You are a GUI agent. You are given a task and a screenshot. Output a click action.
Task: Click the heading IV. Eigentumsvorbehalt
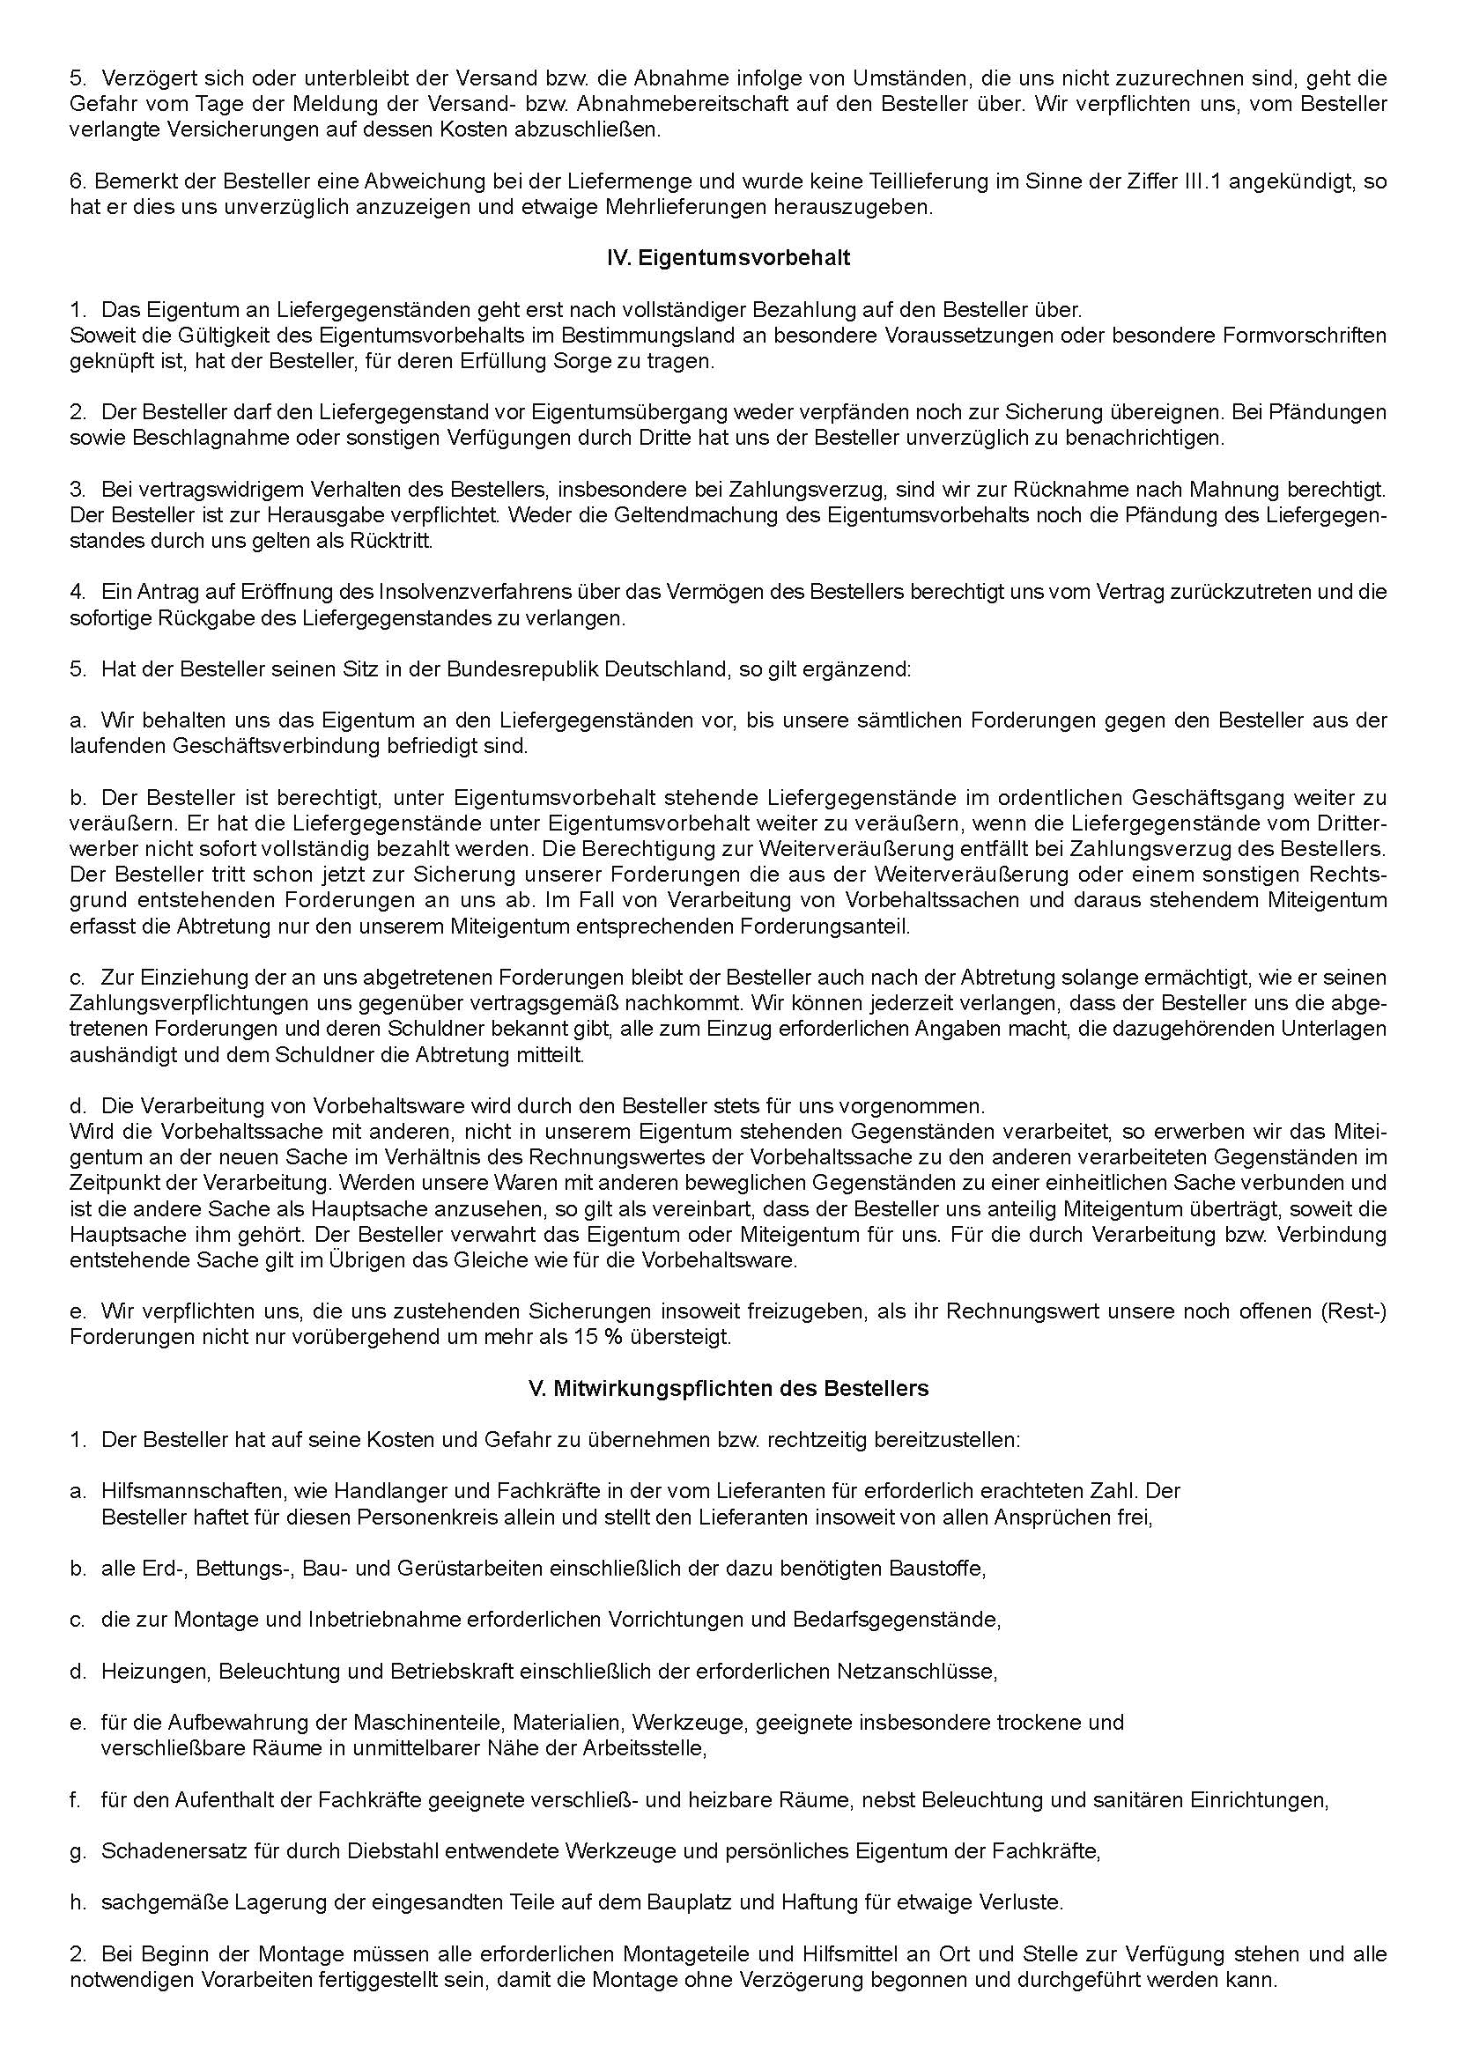[728, 258]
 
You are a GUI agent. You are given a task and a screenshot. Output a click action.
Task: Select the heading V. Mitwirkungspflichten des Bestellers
[728, 1389]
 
